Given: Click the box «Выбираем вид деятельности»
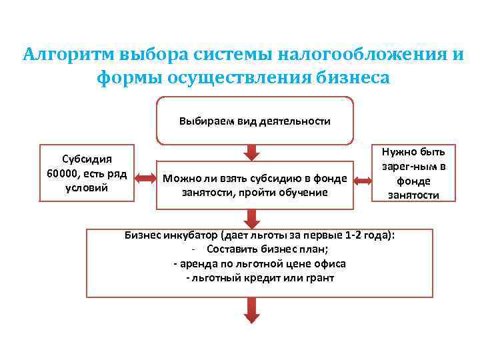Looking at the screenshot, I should pos(254,121).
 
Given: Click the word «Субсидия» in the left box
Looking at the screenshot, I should pos(87,159).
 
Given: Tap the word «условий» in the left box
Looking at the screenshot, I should pos(87,187).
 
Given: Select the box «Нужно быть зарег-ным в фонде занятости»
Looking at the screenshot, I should pos(414,173).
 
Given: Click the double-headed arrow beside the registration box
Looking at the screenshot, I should pos(363,180).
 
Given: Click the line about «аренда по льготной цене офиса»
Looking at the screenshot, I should pos(260,263).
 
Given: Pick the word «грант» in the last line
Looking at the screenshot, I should pos(319,277).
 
